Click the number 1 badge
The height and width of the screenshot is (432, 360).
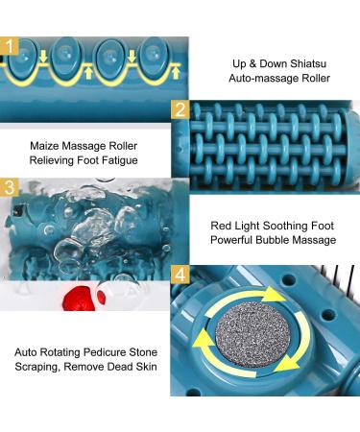(10, 47)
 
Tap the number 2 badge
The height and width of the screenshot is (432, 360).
(180, 109)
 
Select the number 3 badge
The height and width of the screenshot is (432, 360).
(10, 187)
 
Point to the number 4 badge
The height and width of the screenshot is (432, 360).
(180, 275)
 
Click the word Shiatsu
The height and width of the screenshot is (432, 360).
(308, 63)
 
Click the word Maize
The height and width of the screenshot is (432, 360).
(44, 146)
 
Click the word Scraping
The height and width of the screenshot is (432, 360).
(37, 367)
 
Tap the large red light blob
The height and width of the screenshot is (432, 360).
(79, 299)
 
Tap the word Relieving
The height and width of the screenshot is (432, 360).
(51, 160)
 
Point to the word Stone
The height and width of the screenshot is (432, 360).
(143, 352)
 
